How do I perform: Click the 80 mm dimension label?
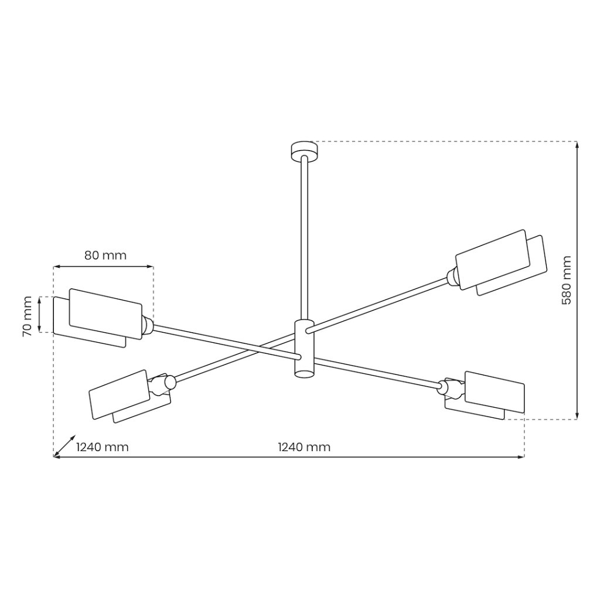click(x=105, y=255)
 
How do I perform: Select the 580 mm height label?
click(x=566, y=280)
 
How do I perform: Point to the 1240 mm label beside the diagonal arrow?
click(x=103, y=446)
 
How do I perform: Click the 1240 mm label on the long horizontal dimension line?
click(x=304, y=446)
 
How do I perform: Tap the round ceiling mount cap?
click(x=304, y=151)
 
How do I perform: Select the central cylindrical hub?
click(x=304, y=348)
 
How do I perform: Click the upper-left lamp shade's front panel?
click(x=105, y=314)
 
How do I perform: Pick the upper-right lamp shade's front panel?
click(x=493, y=260)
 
